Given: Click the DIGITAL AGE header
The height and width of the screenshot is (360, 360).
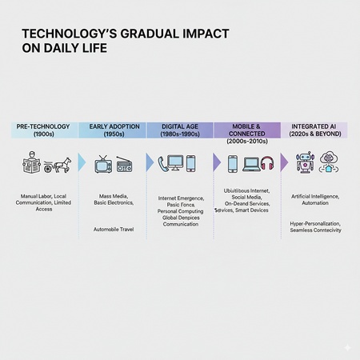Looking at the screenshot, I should (179, 126).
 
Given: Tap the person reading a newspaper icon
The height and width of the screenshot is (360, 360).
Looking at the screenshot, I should (31, 164).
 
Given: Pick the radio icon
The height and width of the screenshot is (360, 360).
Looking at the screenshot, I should (125, 164).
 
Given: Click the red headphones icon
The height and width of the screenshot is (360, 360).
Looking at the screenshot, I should (267, 163).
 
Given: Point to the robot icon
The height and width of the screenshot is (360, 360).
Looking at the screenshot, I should (304, 164).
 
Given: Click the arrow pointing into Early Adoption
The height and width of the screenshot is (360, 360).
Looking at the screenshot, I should (81, 162).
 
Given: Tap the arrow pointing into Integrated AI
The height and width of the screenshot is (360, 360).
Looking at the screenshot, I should (286, 162).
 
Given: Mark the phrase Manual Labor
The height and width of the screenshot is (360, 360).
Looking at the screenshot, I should (34, 195).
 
